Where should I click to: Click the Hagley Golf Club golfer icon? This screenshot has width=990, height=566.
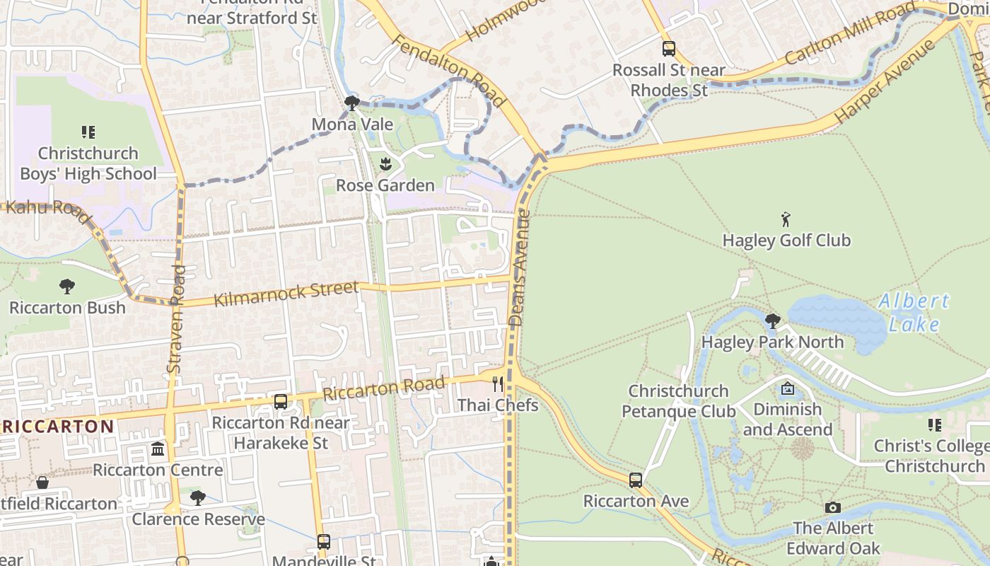point(786,219)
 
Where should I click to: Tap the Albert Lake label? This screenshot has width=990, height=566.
point(914,312)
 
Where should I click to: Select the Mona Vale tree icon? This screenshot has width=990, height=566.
point(351,104)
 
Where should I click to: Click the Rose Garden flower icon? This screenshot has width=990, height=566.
point(385,165)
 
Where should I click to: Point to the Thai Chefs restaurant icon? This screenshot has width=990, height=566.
point(498,384)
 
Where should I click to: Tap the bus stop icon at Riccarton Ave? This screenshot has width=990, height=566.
point(635,480)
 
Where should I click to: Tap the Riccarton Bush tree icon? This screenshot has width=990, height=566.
point(67,287)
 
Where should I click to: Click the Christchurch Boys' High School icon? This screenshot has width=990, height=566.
point(88,132)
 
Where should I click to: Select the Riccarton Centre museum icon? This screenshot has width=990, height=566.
point(158,449)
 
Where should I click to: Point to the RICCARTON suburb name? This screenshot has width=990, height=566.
point(57,426)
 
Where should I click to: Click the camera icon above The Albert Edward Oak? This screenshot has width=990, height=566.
point(833,507)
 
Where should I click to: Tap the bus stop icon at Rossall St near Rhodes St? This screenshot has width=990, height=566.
point(668,49)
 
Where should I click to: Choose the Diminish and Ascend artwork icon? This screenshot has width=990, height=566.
point(787,388)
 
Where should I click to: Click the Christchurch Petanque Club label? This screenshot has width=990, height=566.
point(678,400)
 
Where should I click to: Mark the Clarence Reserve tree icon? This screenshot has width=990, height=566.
point(198,498)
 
